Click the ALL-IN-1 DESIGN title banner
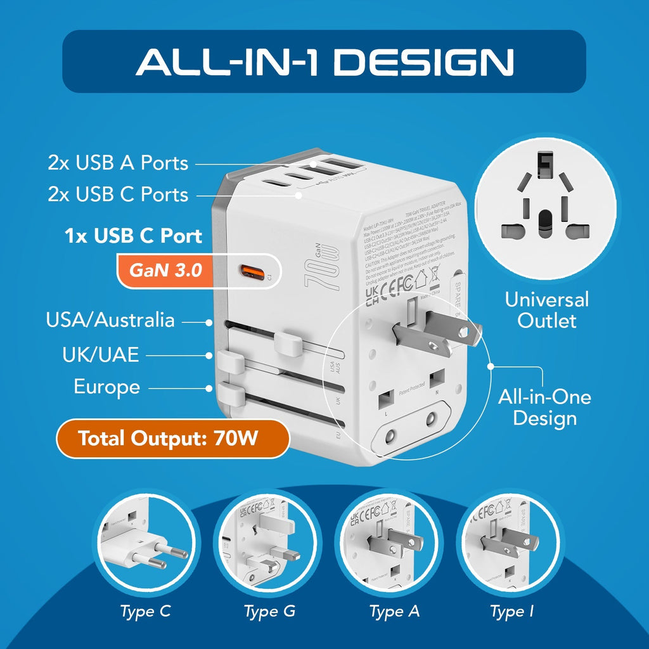[x=324, y=61]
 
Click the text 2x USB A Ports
[x=118, y=163]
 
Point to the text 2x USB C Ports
[x=118, y=194]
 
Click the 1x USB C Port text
[x=133, y=236]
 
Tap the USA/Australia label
[x=110, y=319]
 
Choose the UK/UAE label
[x=100, y=354]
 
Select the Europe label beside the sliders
[x=106, y=386]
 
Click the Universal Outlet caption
[x=546, y=310]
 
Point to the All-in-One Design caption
[x=544, y=408]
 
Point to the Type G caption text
[x=269, y=612]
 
